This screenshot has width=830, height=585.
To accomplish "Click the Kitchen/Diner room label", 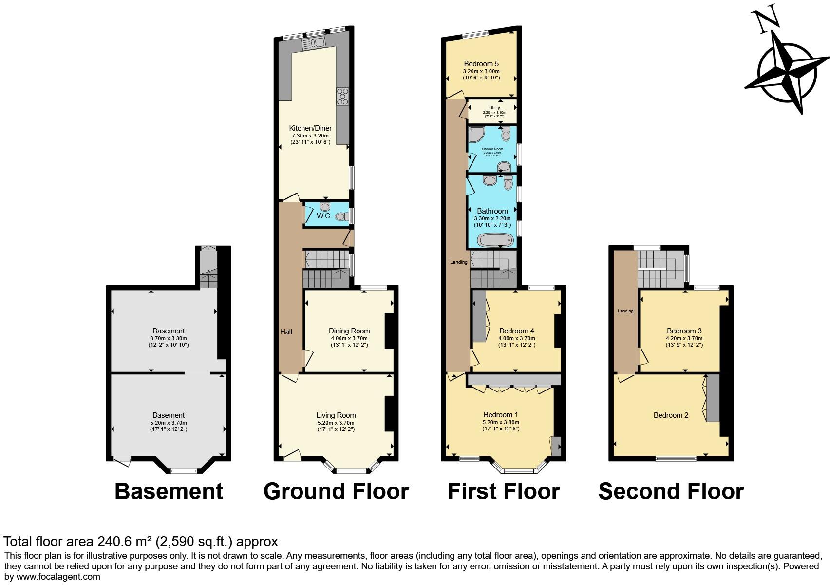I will tap(310, 128).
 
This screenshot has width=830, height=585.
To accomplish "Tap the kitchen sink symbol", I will tap(313, 44).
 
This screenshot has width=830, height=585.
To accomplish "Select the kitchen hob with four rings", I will tap(342, 96).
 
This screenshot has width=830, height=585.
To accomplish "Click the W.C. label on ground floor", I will tap(324, 215).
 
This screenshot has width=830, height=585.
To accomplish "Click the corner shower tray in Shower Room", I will tap(476, 134).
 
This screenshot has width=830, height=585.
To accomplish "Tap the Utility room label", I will tap(494, 108).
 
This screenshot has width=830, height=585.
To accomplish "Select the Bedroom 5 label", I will tap(481, 64).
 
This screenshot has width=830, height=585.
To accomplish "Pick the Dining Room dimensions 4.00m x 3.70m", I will tap(349, 338).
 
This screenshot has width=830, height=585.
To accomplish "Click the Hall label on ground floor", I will tap(286, 332).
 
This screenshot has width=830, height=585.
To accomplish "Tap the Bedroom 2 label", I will tap(671, 415).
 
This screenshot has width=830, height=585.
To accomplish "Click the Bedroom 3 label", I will tap(684, 331).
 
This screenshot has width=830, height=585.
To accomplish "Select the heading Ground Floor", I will tap(336, 491).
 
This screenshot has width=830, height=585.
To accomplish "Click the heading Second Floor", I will tap(671, 491).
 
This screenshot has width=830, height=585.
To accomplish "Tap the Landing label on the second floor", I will tap(625, 311).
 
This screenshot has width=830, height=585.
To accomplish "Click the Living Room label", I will tap(336, 415).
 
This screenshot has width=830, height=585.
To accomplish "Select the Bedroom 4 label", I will tap(516, 331).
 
